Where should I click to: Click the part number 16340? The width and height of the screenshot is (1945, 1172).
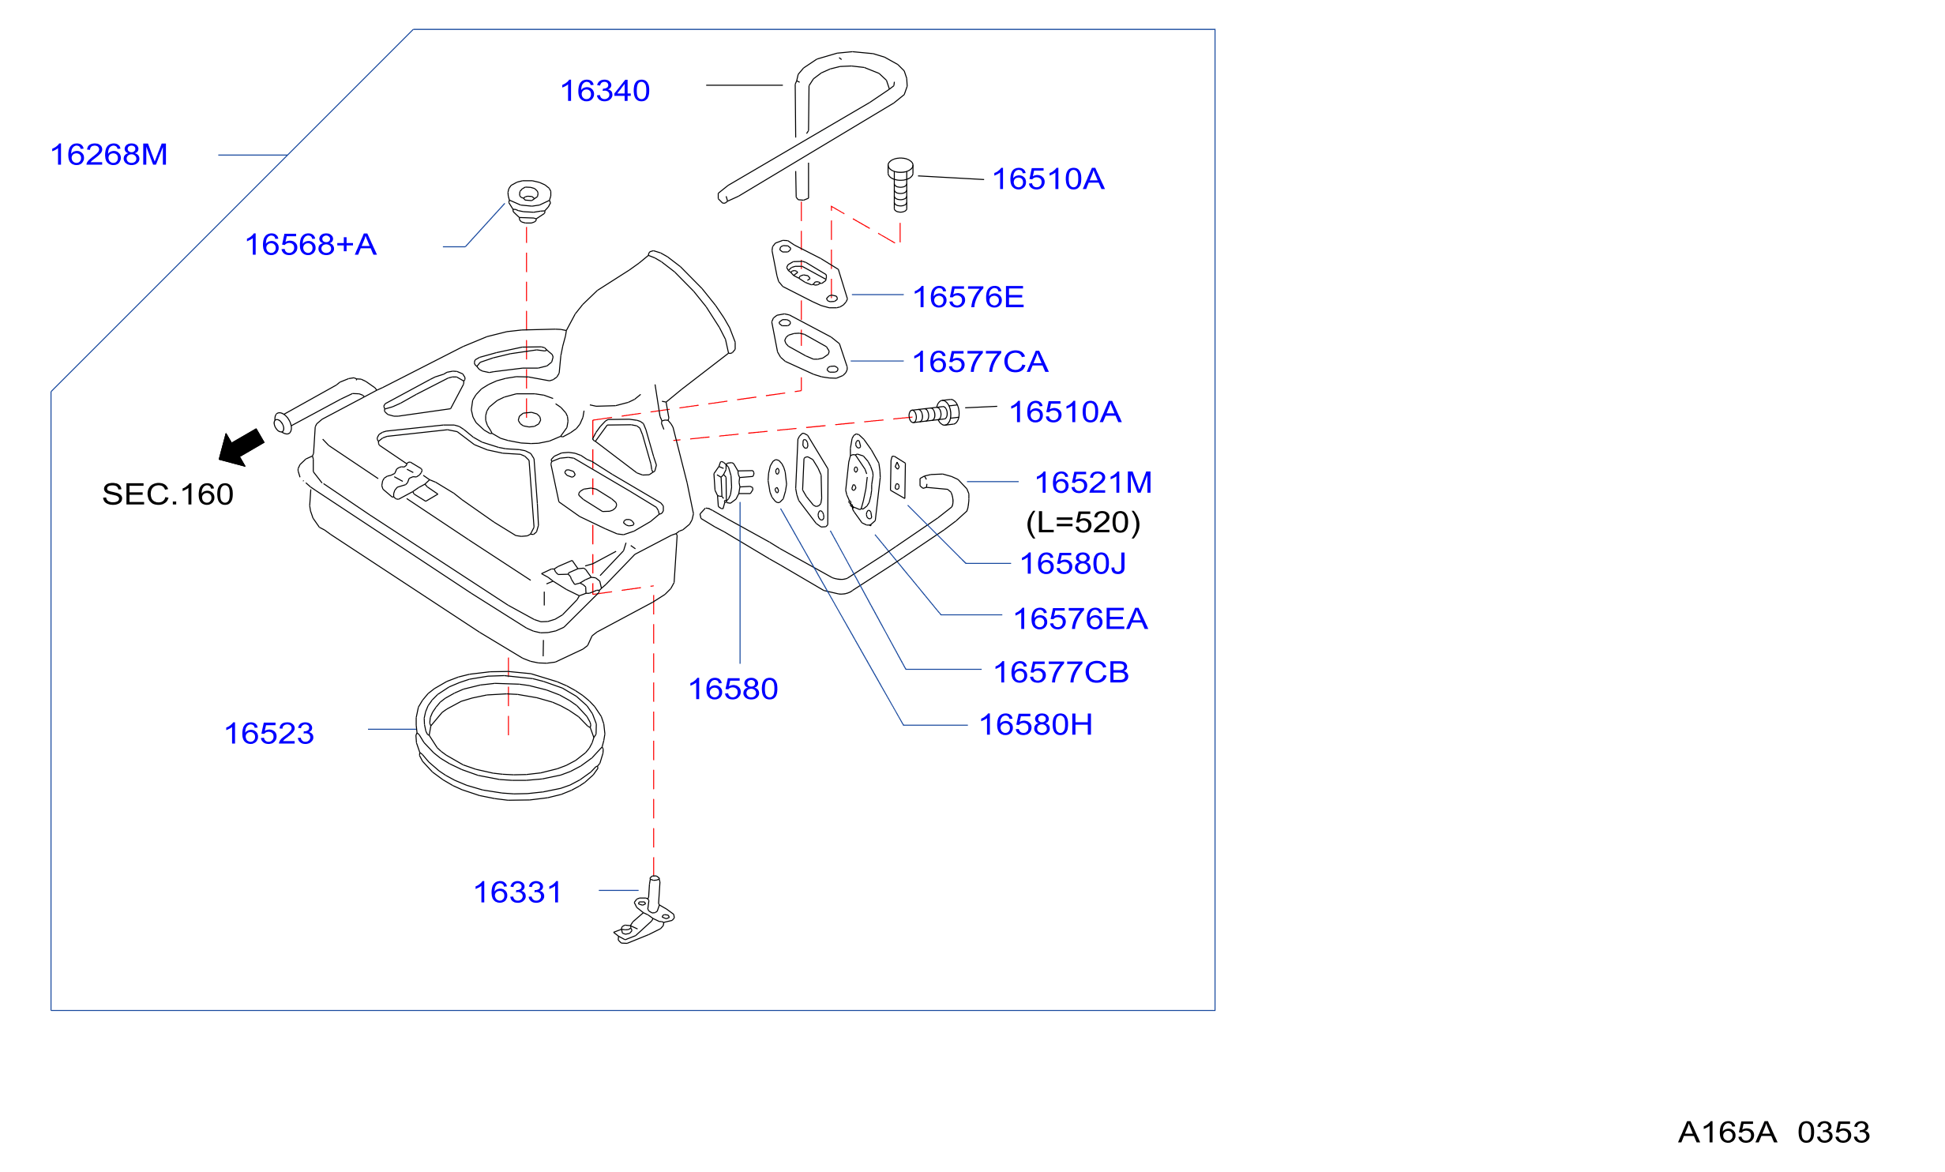tap(605, 91)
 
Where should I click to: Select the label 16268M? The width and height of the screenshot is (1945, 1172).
tap(109, 155)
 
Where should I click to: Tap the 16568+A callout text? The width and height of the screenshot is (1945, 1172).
tap(310, 245)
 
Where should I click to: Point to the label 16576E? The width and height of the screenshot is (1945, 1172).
tap(968, 297)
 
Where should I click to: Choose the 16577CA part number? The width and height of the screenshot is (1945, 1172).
tap(980, 362)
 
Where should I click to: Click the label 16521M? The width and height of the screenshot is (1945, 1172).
tap(1093, 483)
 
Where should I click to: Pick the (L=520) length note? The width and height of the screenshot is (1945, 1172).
tap(1083, 523)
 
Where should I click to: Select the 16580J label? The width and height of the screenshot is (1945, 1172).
tap(1072, 564)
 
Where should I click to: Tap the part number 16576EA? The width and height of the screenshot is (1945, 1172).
tap(1080, 619)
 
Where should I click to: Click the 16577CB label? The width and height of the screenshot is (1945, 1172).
tap(1061, 673)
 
